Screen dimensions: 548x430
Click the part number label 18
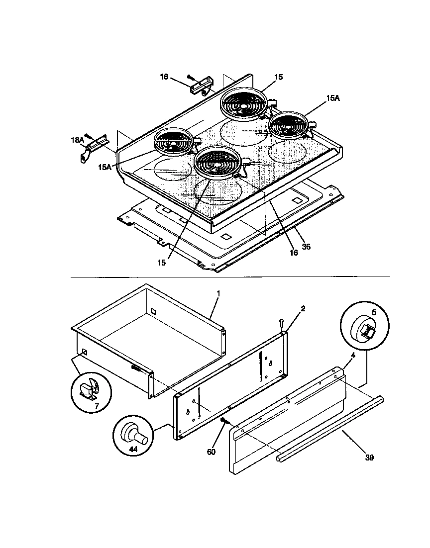click(164, 77)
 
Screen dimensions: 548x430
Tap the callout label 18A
click(78, 140)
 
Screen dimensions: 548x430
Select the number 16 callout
click(294, 253)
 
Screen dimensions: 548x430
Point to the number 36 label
click(306, 247)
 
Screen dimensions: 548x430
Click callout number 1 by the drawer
click(217, 294)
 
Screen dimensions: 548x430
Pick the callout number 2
click(303, 308)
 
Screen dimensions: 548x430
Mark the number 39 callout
click(369, 457)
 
